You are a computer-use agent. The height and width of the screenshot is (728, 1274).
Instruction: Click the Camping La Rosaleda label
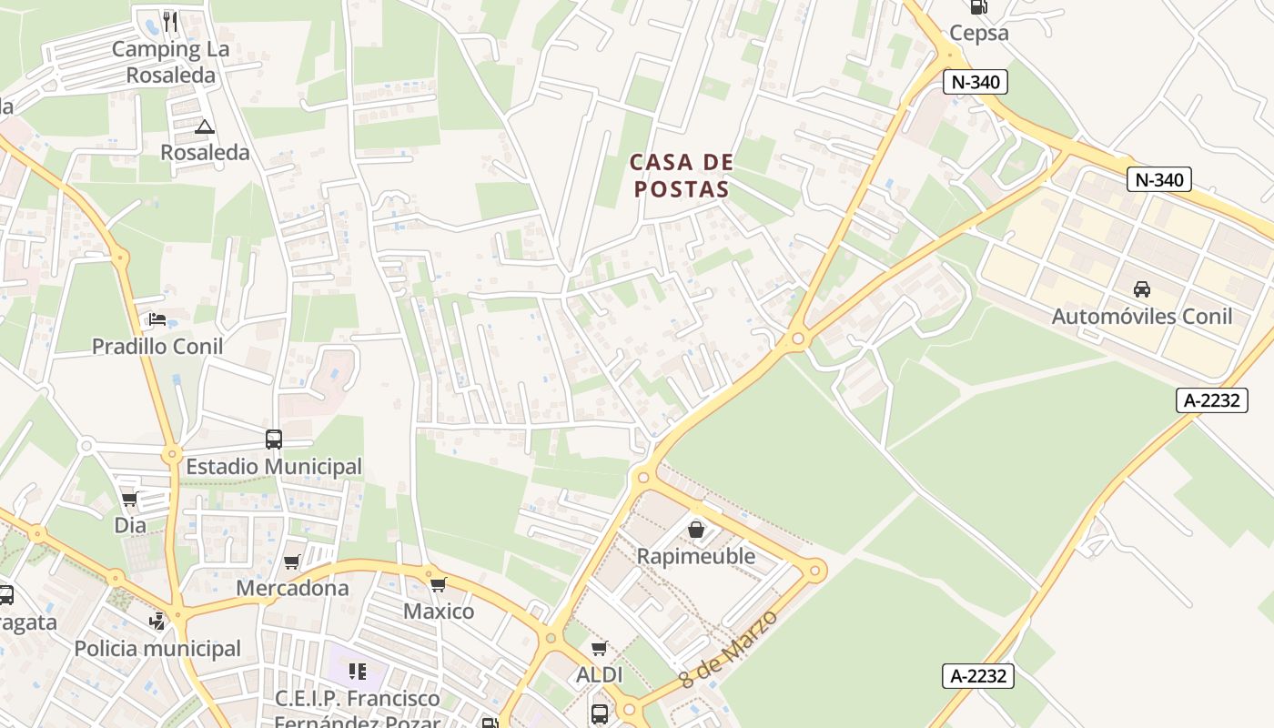coord(170,62)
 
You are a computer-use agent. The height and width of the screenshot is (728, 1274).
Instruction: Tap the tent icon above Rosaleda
coord(204,127)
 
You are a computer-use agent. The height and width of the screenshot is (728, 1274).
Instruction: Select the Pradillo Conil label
coord(157,347)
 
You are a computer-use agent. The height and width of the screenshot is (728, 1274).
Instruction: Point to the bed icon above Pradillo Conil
coord(157,319)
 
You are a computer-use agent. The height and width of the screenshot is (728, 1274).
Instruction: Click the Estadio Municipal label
coord(274,467)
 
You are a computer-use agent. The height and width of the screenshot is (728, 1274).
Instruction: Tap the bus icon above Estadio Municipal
coord(274,440)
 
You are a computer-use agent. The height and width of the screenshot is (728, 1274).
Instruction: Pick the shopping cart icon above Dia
coord(129,499)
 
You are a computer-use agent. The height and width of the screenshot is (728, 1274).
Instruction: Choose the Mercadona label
coord(292,588)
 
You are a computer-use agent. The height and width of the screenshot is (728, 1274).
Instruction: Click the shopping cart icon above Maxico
coord(438,583)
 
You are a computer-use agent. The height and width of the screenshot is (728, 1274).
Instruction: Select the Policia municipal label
coord(157,649)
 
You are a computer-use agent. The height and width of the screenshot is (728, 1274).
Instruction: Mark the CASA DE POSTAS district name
coord(682,176)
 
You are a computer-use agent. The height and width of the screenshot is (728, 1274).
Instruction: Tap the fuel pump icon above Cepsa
coord(979,7)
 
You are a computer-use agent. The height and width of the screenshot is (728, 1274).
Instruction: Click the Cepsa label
coord(979,34)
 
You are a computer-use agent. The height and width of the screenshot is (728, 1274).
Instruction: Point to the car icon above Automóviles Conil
coord(1142,289)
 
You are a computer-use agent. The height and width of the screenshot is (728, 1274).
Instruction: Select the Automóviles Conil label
coord(1142,317)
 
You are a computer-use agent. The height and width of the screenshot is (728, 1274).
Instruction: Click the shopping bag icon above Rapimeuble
coord(696,529)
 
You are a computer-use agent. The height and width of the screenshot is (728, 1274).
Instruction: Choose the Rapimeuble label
coord(696,556)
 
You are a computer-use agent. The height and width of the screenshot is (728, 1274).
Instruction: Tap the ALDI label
coord(600,675)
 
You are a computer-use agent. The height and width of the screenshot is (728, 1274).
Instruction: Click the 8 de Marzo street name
coord(729,649)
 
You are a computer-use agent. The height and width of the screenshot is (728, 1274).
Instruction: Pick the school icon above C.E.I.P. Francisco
coord(358,672)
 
